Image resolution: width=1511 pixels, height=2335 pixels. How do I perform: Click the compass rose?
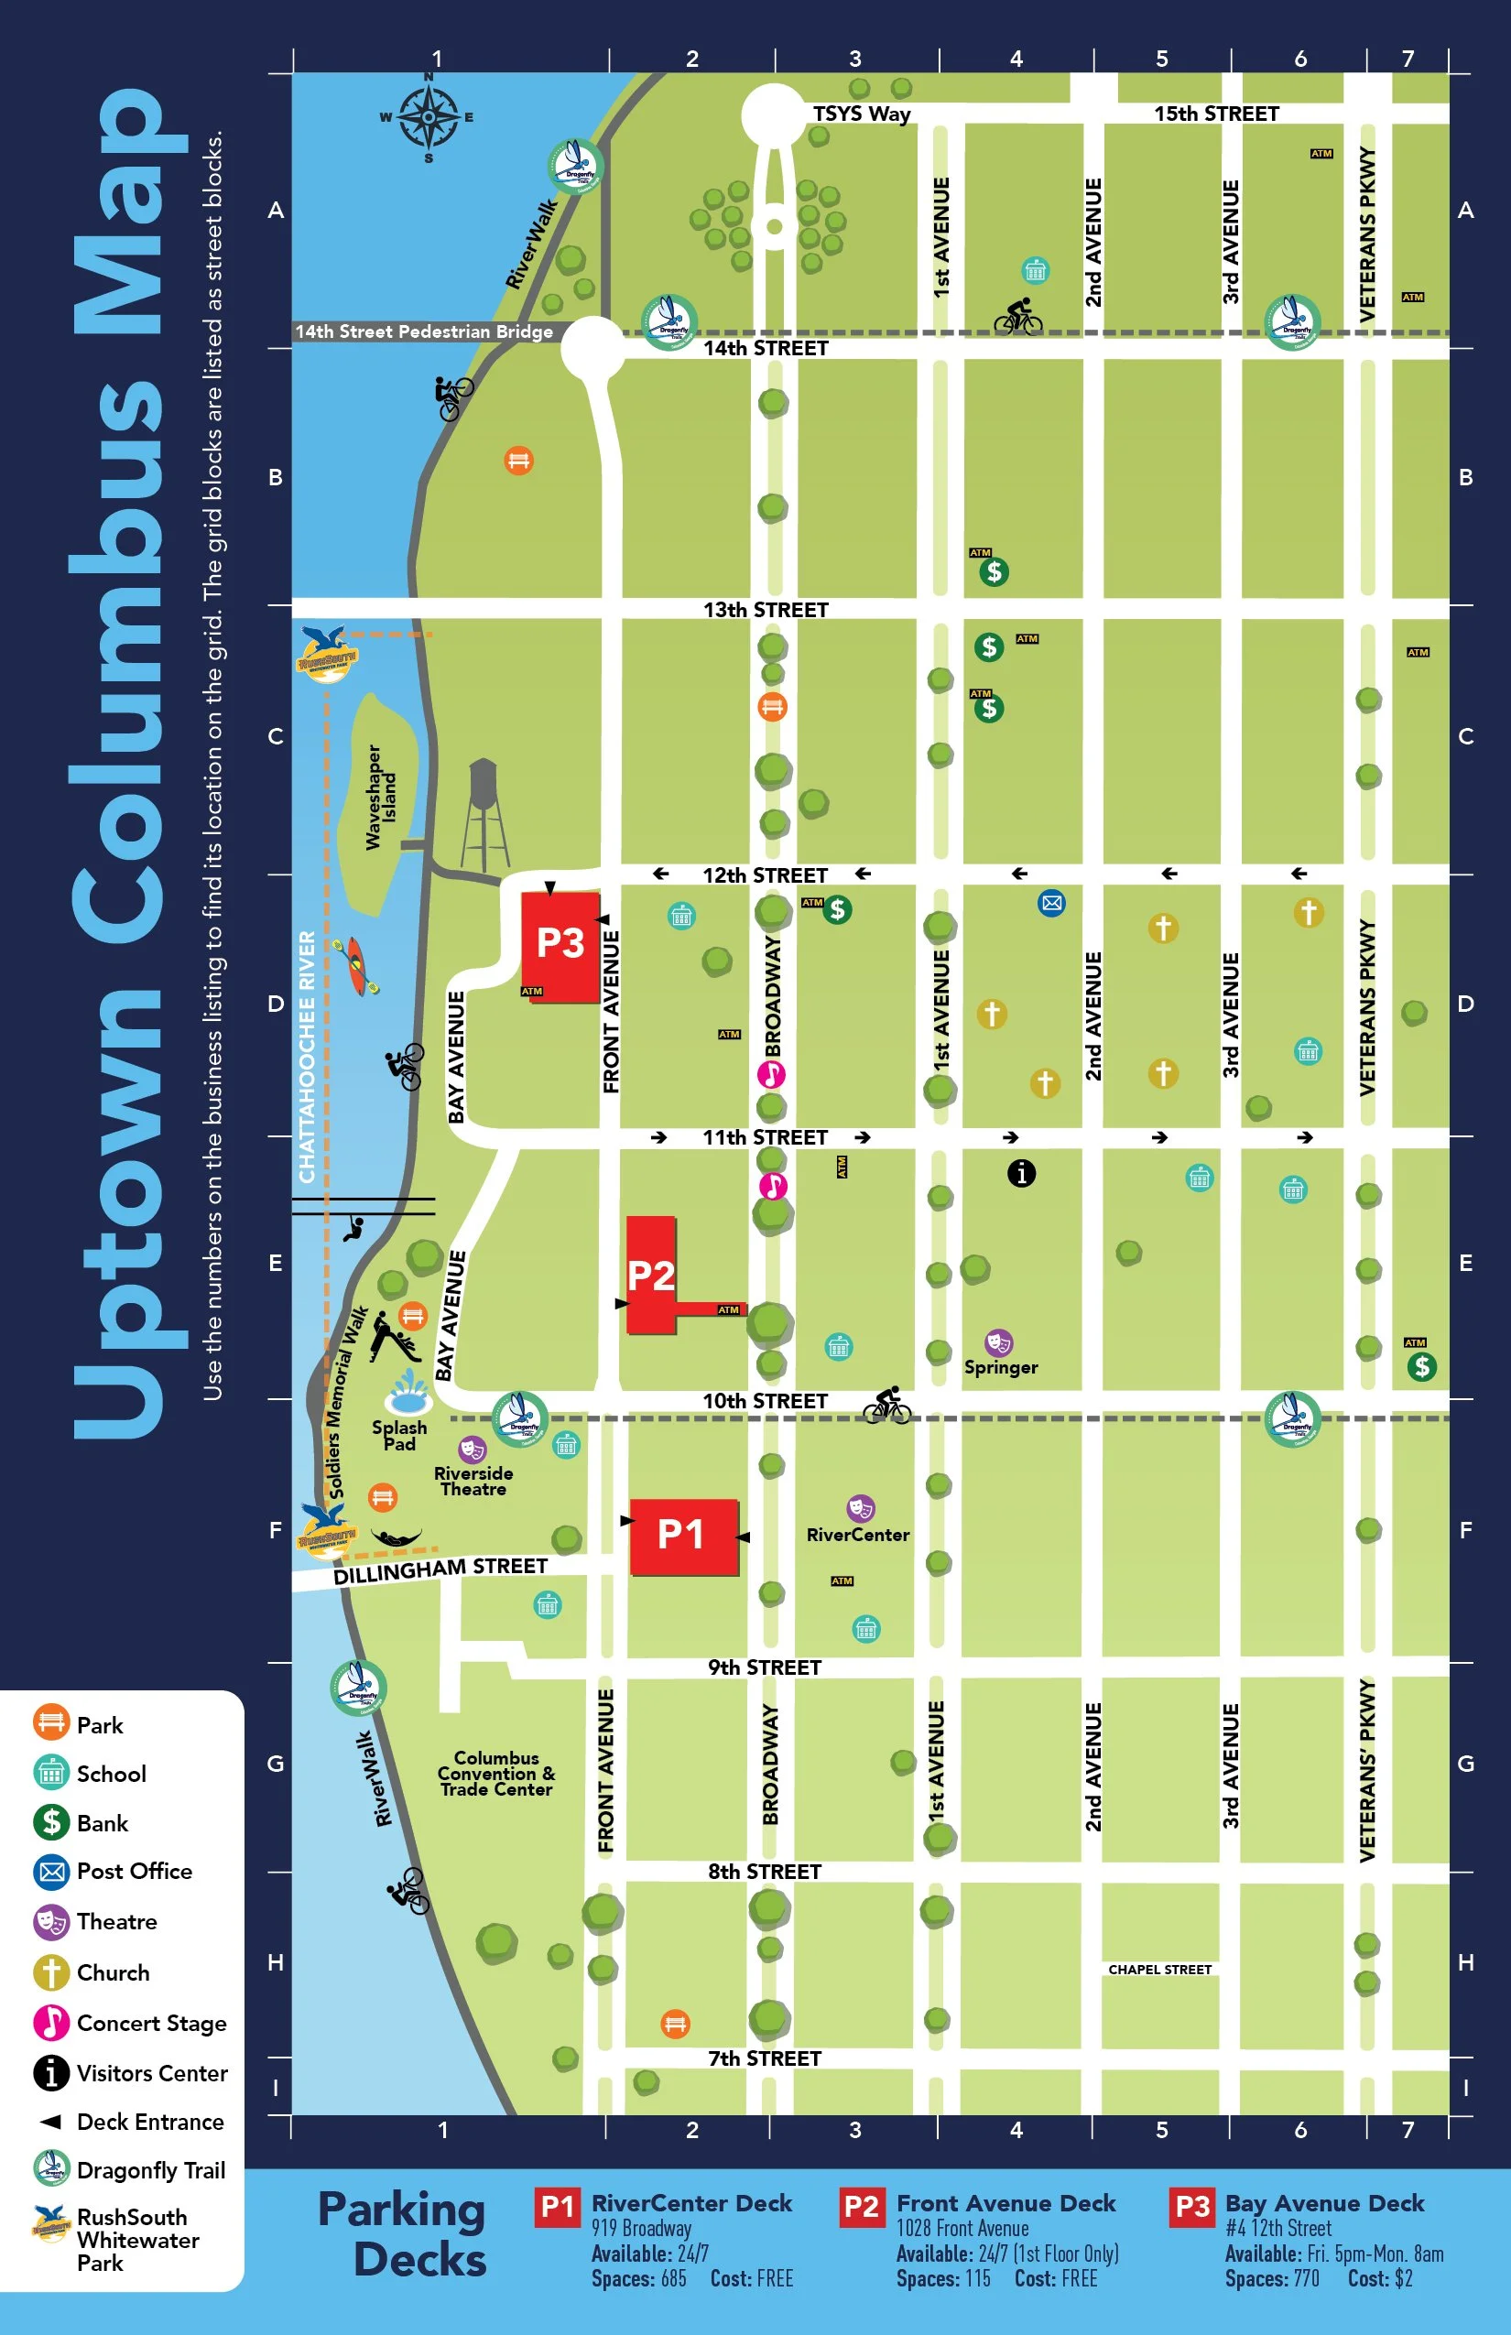428,117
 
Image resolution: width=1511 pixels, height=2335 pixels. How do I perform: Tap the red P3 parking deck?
560,944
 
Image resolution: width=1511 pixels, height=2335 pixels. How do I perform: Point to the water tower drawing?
484,813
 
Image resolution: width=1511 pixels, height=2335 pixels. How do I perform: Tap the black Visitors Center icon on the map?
1021,1172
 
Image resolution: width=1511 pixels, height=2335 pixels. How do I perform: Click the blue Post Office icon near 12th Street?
1052,903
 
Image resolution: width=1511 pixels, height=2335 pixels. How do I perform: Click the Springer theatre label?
1001,1366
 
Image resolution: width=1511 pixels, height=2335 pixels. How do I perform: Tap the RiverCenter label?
857,1535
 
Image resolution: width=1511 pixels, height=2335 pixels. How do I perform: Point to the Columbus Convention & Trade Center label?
496,1773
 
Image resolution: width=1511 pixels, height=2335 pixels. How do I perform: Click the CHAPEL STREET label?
1159,1969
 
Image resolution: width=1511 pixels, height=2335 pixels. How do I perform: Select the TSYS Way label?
862,114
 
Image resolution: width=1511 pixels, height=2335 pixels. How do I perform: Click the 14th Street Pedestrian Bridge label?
424,331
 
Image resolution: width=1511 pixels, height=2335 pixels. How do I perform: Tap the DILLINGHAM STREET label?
440,1569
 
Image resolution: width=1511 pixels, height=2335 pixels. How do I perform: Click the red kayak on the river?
357,963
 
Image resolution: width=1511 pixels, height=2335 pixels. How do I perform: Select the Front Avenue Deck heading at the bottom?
1006,2202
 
